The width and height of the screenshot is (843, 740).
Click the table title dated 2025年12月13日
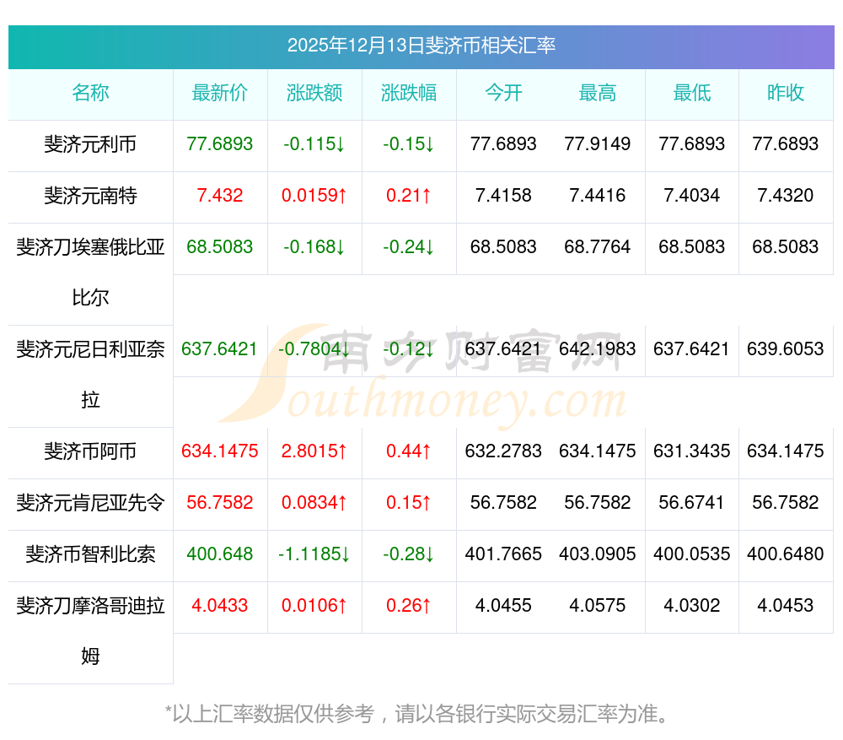click(x=421, y=46)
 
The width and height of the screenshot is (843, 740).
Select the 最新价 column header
click(x=220, y=93)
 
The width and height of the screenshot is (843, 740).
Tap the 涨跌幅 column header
click(x=409, y=93)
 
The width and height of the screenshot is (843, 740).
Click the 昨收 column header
click(x=786, y=93)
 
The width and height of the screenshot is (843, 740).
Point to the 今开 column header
click(x=503, y=93)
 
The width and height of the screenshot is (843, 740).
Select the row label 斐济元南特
click(x=90, y=196)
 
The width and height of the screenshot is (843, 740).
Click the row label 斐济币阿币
click(x=90, y=451)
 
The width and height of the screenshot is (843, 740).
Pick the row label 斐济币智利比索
click(x=90, y=554)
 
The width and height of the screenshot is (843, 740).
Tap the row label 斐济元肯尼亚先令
click(x=90, y=503)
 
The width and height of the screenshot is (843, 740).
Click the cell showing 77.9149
click(x=598, y=144)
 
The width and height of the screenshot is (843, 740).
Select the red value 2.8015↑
click(x=314, y=451)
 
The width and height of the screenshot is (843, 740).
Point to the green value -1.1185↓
click(x=314, y=554)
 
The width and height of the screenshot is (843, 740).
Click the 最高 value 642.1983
click(x=598, y=349)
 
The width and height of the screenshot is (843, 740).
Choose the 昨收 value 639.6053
click(x=786, y=349)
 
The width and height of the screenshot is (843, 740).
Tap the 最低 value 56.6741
click(x=691, y=503)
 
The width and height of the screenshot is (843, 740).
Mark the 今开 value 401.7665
click(x=503, y=554)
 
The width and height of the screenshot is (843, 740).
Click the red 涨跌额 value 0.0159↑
click(x=314, y=196)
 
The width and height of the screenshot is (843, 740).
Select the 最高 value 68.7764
click(x=598, y=247)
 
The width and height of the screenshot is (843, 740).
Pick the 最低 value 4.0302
click(x=691, y=606)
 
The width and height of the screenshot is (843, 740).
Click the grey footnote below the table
click(x=419, y=714)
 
